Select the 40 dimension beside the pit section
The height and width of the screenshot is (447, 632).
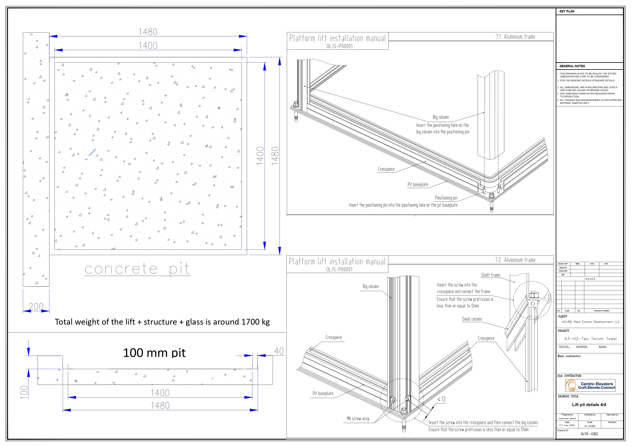(x=279, y=351)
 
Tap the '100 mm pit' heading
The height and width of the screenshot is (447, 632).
(x=154, y=353)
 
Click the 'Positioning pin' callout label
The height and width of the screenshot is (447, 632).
(x=446, y=198)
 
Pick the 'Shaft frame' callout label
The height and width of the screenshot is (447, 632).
(x=490, y=275)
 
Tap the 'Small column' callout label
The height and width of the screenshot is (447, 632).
(x=472, y=319)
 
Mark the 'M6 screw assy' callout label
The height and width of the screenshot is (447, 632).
(x=358, y=419)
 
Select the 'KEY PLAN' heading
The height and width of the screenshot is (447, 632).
(x=567, y=11)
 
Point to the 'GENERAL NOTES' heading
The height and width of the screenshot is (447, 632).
(x=572, y=66)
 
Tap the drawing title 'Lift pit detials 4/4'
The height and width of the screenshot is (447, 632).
(x=589, y=405)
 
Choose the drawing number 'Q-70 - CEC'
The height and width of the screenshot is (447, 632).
(x=589, y=434)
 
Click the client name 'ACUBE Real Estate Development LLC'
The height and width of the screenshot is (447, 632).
(x=591, y=322)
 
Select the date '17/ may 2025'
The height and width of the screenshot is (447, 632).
(x=567, y=425)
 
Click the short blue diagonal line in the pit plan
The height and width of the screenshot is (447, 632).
(x=92, y=152)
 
